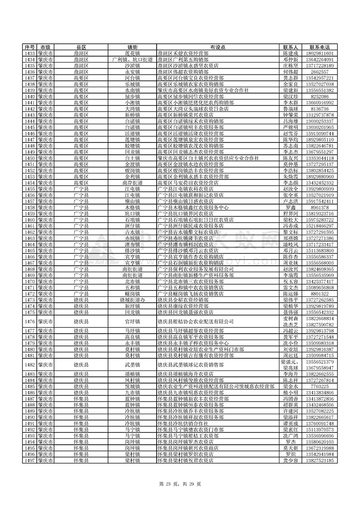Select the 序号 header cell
pyautogui.click(x=29, y=47)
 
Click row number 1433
pyautogui.click(x=29, y=54)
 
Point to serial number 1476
pyautogui.click(x=29, y=321)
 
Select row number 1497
pyautogui.click(x=29, y=460)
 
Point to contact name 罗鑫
pyautogui.click(x=291, y=208)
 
